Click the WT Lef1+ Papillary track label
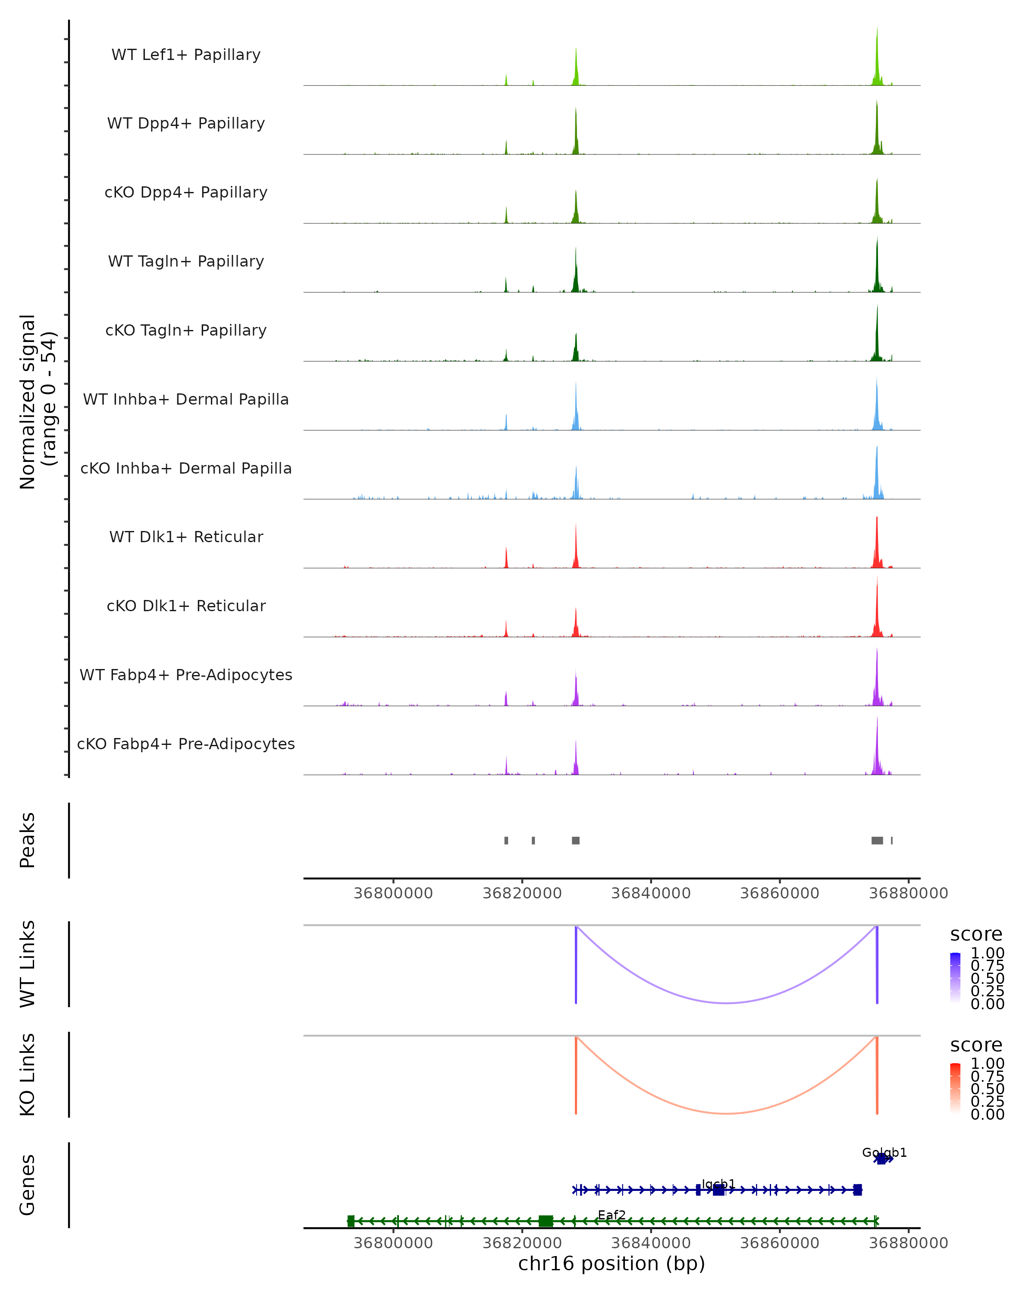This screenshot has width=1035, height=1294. click(186, 55)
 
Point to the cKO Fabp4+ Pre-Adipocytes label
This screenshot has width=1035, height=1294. click(186, 744)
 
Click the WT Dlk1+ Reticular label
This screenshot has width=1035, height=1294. click(186, 537)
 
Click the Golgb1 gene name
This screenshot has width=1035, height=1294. click(884, 1153)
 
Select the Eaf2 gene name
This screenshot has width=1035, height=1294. click(612, 1215)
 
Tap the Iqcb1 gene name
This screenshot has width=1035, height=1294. click(718, 1184)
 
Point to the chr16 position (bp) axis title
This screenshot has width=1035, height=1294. click(612, 1264)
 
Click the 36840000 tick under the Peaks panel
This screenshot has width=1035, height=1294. click(650, 893)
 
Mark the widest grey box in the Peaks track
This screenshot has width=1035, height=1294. click(877, 840)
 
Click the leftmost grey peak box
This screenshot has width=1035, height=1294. click(506, 840)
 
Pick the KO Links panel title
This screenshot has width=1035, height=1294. click(28, 1074)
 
